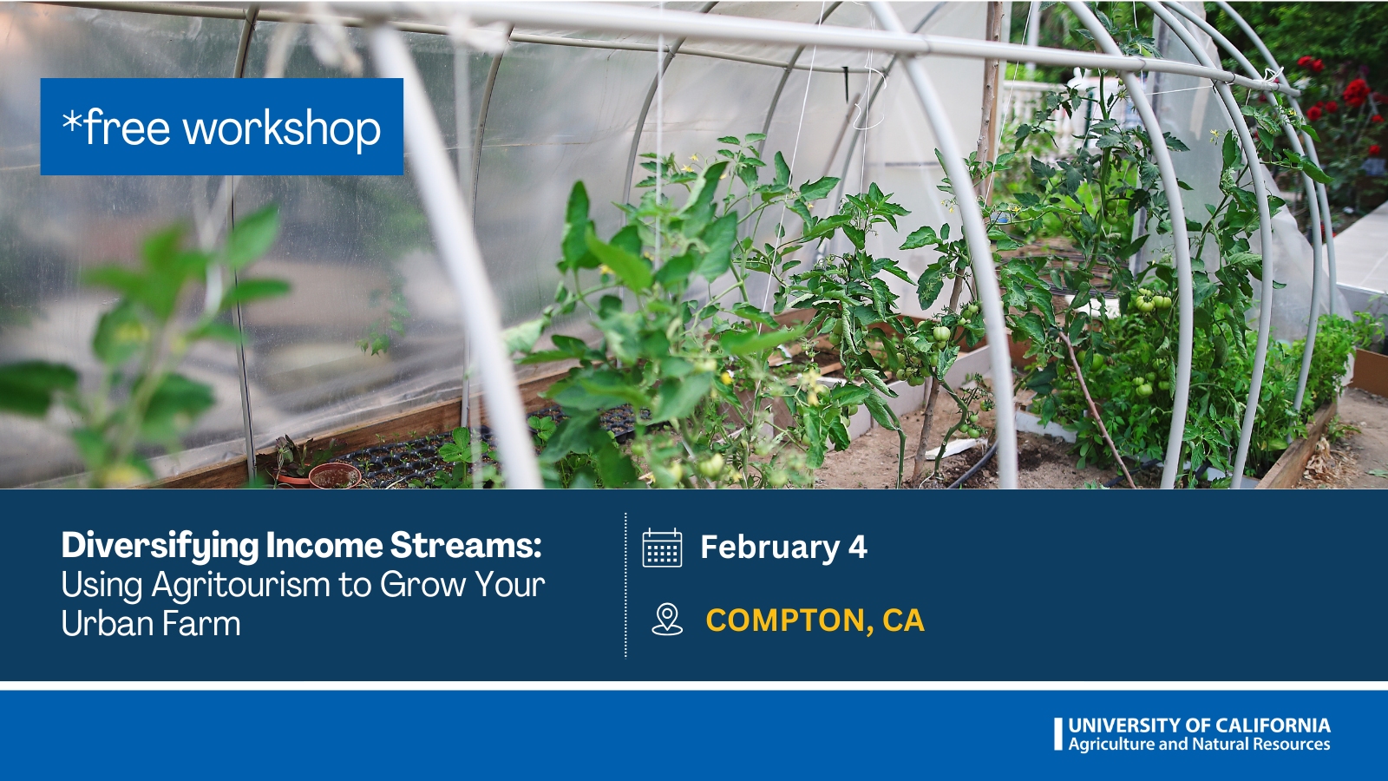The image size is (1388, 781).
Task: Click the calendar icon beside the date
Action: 662,548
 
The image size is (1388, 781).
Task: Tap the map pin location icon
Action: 667,620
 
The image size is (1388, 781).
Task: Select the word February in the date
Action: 769,548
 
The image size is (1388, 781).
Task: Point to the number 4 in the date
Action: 858,547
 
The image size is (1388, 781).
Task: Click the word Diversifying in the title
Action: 160,547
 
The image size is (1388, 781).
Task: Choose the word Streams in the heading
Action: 465,546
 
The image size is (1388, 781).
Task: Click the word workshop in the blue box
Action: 282,128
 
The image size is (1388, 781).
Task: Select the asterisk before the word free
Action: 72,121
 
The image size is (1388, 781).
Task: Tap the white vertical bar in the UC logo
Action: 1057,734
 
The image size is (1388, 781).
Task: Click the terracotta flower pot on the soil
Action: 335,476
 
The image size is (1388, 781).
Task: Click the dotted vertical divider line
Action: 625,585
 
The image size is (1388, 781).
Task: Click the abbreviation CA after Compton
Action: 903,620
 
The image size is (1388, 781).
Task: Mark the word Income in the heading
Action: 324,546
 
